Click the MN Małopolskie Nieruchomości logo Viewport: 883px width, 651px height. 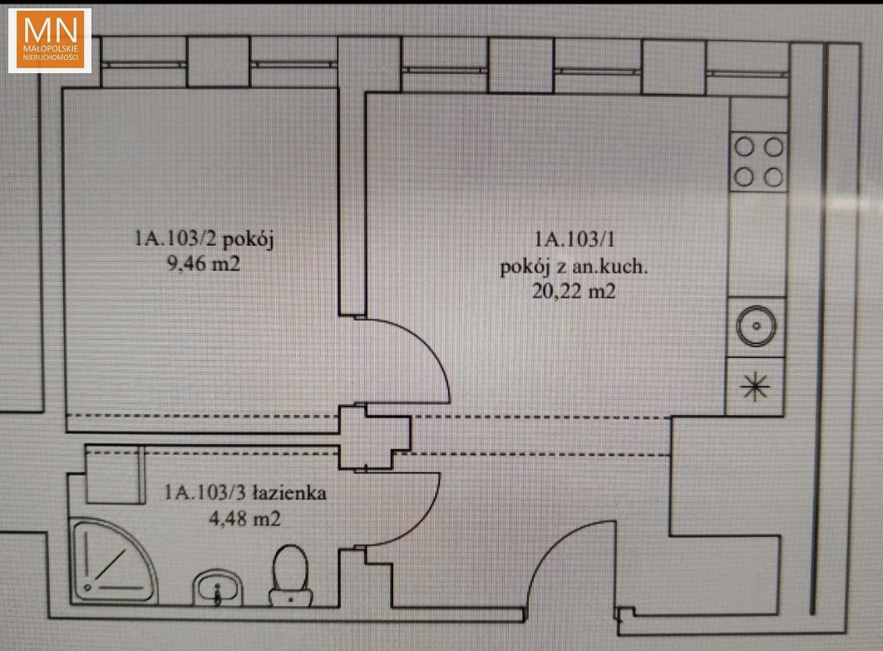(x=50, y=41)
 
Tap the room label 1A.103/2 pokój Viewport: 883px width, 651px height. (x=204, y=239)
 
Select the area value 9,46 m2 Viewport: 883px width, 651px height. (x=204, y=264)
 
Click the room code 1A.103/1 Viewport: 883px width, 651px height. (x=575, y=240)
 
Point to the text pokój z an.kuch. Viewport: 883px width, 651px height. (x=574, y=266)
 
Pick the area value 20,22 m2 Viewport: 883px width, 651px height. (x=574, y=292)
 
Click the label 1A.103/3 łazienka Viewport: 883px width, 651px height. (x=245, y=493)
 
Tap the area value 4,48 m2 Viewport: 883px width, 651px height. (x=245, y=518)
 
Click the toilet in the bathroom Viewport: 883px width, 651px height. (x=290, y=575)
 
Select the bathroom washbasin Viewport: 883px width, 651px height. (x=217, y=588)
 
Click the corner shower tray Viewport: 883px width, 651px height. (x=113, y=560)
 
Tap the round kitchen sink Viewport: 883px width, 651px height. (x=757, y=326)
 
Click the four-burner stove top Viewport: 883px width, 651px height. (x=758, y=162)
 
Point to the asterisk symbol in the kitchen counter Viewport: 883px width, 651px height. (x=755, y=387)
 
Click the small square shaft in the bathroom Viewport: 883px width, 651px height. (x=114, y=474)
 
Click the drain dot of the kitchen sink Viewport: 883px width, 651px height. (x=757, y=326)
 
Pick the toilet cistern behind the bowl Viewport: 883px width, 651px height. (x=290, y=597)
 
